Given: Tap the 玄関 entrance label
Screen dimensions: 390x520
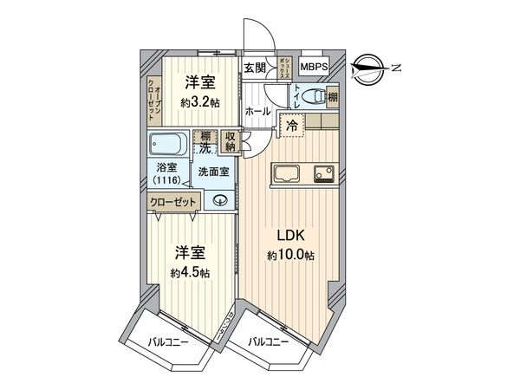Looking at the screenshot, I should [255, 68].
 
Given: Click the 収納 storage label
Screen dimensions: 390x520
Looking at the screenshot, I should [230, 140].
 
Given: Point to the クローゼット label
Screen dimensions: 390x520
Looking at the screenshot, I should [174, 202].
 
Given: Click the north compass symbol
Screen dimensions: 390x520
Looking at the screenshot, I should [374, 67].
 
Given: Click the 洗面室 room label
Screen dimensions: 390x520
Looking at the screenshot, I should [213, 171].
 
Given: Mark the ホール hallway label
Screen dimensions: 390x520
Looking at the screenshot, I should [257, 112].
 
